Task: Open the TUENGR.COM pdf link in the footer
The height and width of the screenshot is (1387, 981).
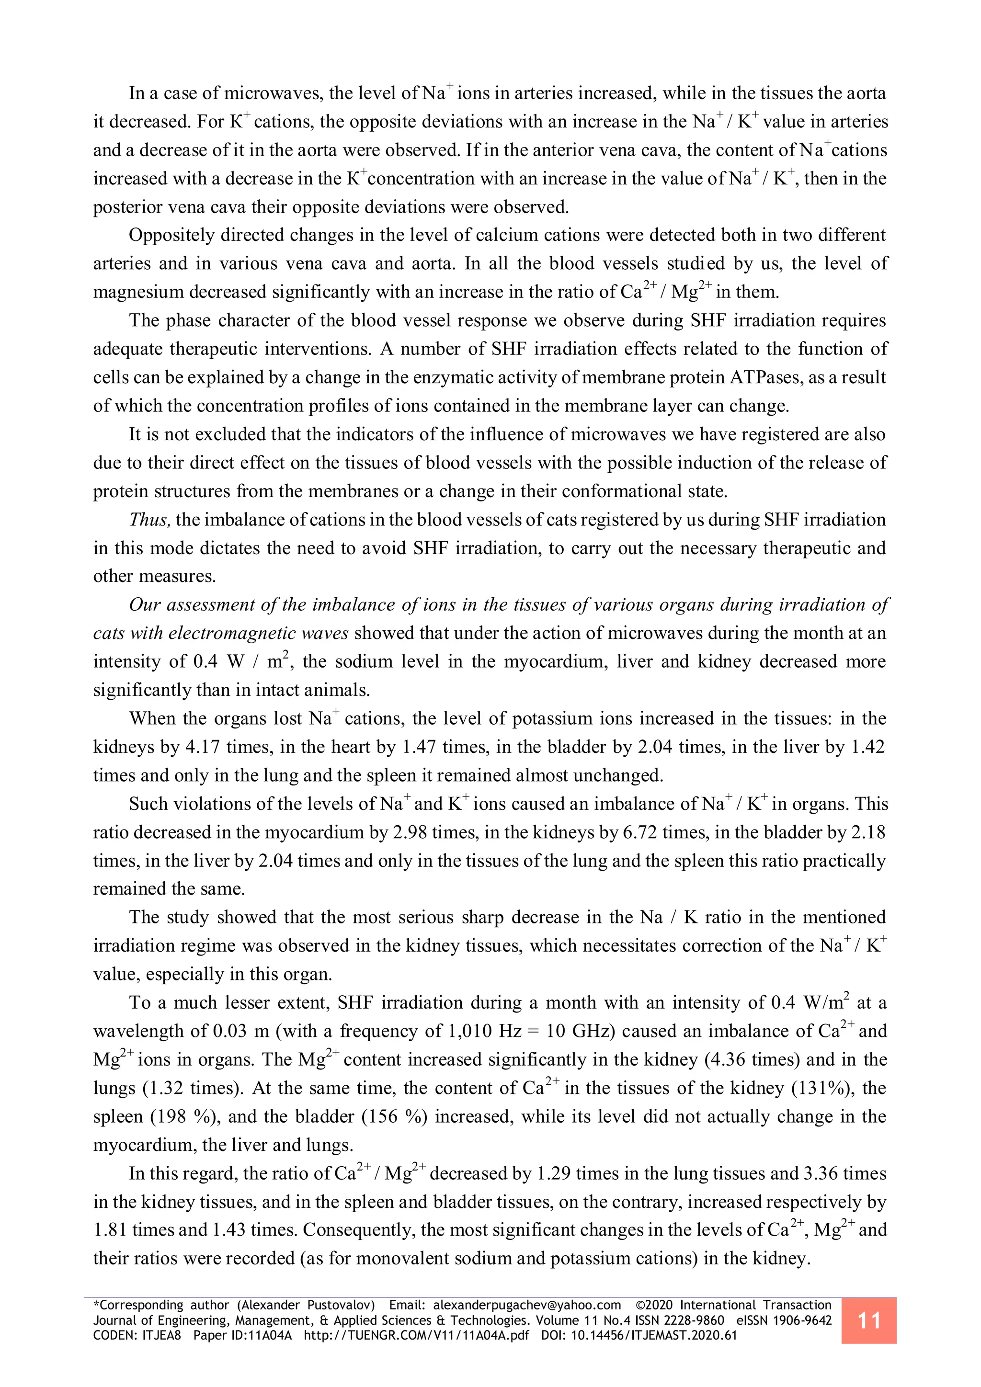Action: pos(416,1336)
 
